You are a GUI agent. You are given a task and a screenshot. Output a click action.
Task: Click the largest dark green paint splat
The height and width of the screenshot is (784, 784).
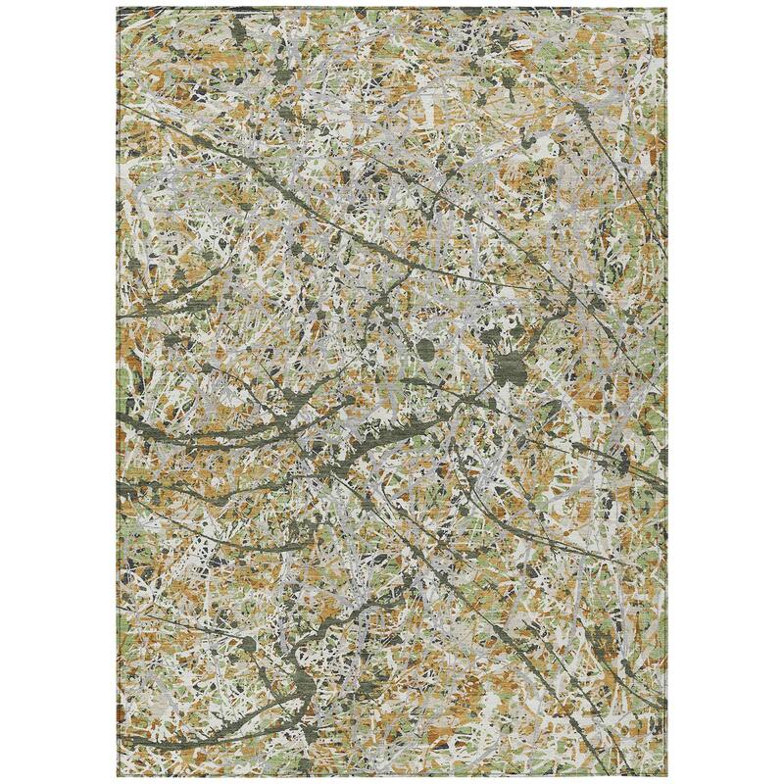(509, 368)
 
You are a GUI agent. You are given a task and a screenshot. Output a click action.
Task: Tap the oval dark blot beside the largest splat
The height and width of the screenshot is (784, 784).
(428, 348)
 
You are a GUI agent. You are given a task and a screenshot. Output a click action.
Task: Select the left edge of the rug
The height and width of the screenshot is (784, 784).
(119, 392)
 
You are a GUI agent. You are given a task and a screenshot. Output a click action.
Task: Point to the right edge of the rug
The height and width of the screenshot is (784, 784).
(665, 392)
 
